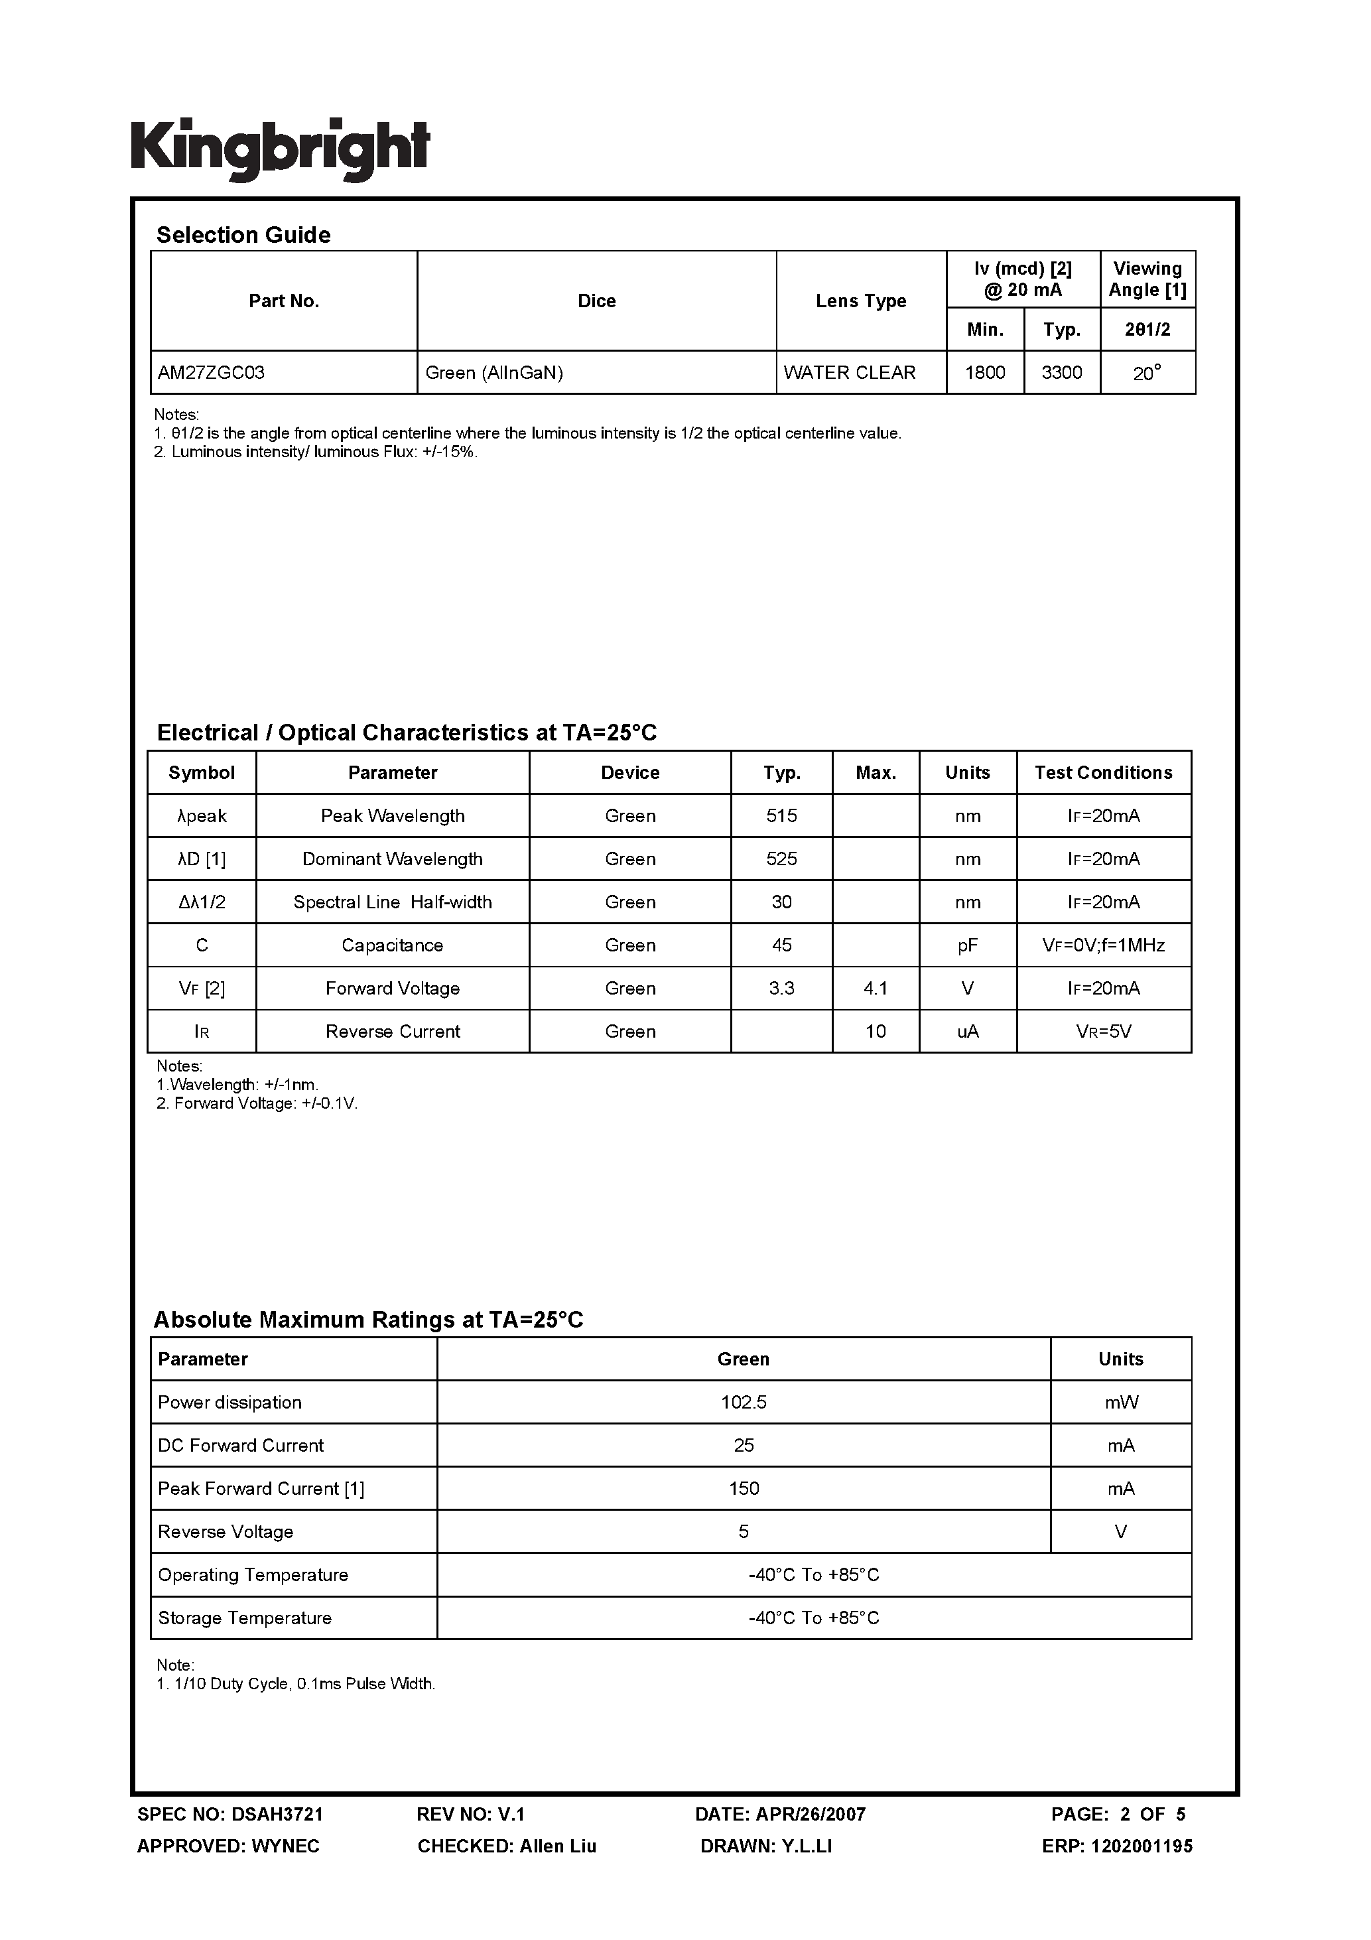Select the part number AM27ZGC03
(x=211, y=373)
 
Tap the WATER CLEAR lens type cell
(x=849, y=373)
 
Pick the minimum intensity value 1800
(x=984, y=373)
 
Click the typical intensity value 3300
(x=1061, y=373)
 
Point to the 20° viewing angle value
(x=1146, y=373)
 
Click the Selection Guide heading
(x=243, y=235)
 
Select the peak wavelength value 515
(x=781, y=816)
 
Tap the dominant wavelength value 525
(x=781, y=859)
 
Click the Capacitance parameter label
(x=392, y=945)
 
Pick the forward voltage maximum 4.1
(x=875, y=989)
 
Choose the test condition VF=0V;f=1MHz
(x=1103, y=945)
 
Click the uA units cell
(x=967, y=1032)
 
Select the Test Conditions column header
(x=1103, y=772)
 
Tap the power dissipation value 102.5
(x=744, y=1403)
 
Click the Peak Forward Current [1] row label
(x=261, y=1489)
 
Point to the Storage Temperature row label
(x=245, y=1618)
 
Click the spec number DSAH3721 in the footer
(x=277, y=1814)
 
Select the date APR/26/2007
(x=810, y=1814)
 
